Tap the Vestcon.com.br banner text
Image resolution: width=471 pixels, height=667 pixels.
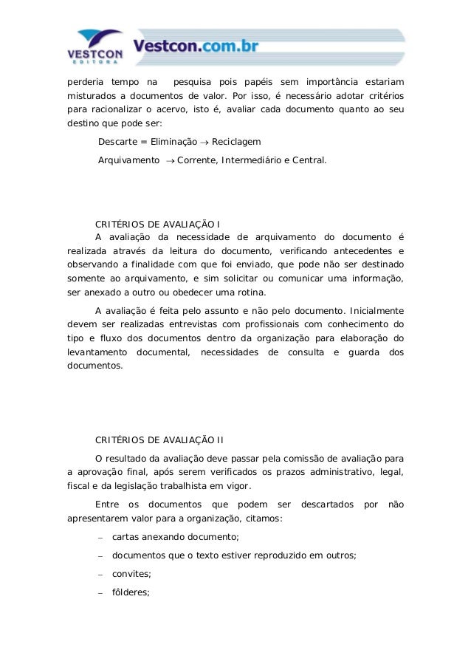click(196, 47)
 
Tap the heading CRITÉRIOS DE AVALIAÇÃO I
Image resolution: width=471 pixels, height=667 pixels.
click(158, 224)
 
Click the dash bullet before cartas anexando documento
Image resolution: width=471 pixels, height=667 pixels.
click(100, 538)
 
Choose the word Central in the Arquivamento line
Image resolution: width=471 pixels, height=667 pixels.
click(307, 160)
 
